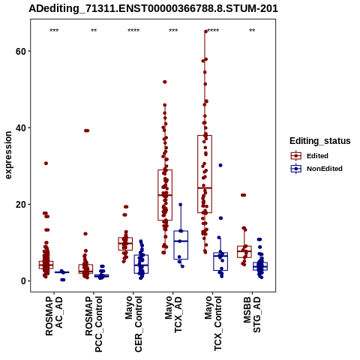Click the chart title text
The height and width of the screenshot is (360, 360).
tap(153, 9)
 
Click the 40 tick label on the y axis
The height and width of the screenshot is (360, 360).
tap(21, 128)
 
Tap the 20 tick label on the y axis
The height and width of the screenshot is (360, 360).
tap(21, 205)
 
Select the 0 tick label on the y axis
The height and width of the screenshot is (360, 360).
tap(23, 281)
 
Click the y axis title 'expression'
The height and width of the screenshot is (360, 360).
tap(8, 155)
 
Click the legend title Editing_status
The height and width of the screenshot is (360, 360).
tap(320, 141)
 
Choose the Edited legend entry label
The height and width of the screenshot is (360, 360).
tap(317, 156)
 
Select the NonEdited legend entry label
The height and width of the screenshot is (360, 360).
tap(325, 169)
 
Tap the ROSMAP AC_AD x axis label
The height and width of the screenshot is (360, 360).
tap(54, 316)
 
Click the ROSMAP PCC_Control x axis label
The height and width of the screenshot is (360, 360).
tap(94, 324)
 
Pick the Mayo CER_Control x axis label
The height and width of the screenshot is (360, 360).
tap(133, 324)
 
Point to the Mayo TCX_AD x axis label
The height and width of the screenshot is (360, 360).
tap(173, 314)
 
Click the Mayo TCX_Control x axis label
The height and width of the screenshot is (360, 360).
tap(213, 324)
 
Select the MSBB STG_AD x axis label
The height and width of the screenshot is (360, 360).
tap(252, 315)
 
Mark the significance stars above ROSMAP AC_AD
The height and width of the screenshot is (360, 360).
tap(54, 31)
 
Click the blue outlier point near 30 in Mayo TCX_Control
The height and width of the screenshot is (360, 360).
tap(220, 165)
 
